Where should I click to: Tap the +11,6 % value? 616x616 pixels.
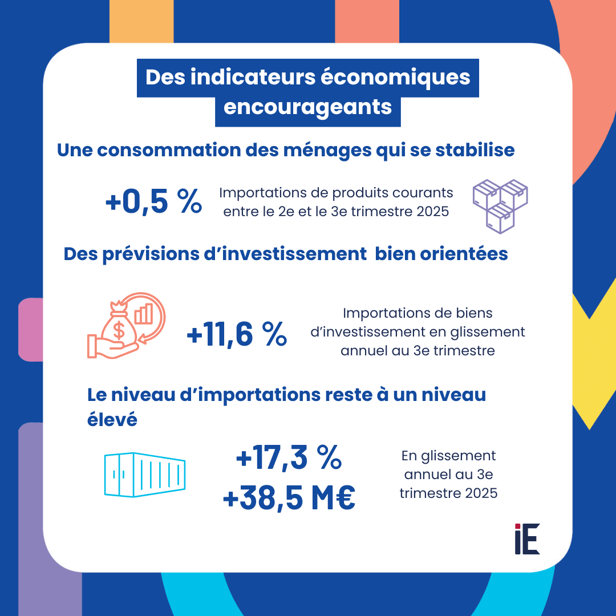point(237,335)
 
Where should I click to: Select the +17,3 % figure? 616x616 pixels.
point(289,458)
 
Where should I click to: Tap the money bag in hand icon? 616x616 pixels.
point(125,329)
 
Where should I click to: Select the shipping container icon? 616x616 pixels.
point(145,473)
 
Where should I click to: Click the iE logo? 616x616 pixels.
point(526,538)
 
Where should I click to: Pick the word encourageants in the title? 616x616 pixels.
point(308,107)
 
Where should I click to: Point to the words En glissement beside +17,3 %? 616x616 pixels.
point(448,456)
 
